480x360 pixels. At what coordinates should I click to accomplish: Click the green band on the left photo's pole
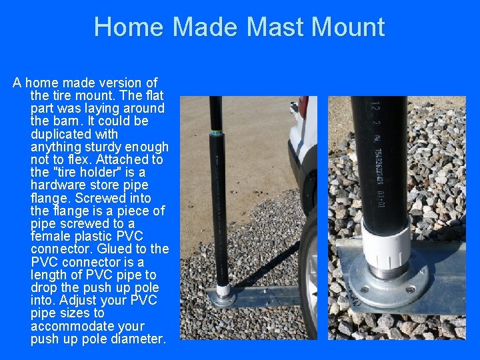215,134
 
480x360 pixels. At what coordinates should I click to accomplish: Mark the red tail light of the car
303,107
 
